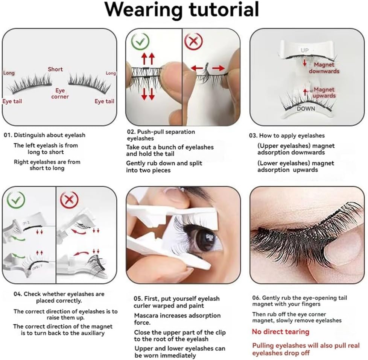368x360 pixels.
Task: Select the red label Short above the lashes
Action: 55,69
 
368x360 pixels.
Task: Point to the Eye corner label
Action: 60,94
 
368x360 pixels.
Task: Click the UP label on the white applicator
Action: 304,50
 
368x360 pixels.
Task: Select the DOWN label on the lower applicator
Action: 306,109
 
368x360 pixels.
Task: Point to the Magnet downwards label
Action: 324,68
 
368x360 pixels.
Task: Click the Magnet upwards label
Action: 324,92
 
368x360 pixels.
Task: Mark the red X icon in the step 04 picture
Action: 70,200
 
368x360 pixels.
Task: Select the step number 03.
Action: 253,135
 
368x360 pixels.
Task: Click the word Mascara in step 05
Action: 146,316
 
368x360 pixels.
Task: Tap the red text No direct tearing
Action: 280,332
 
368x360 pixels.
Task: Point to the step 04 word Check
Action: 32,294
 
